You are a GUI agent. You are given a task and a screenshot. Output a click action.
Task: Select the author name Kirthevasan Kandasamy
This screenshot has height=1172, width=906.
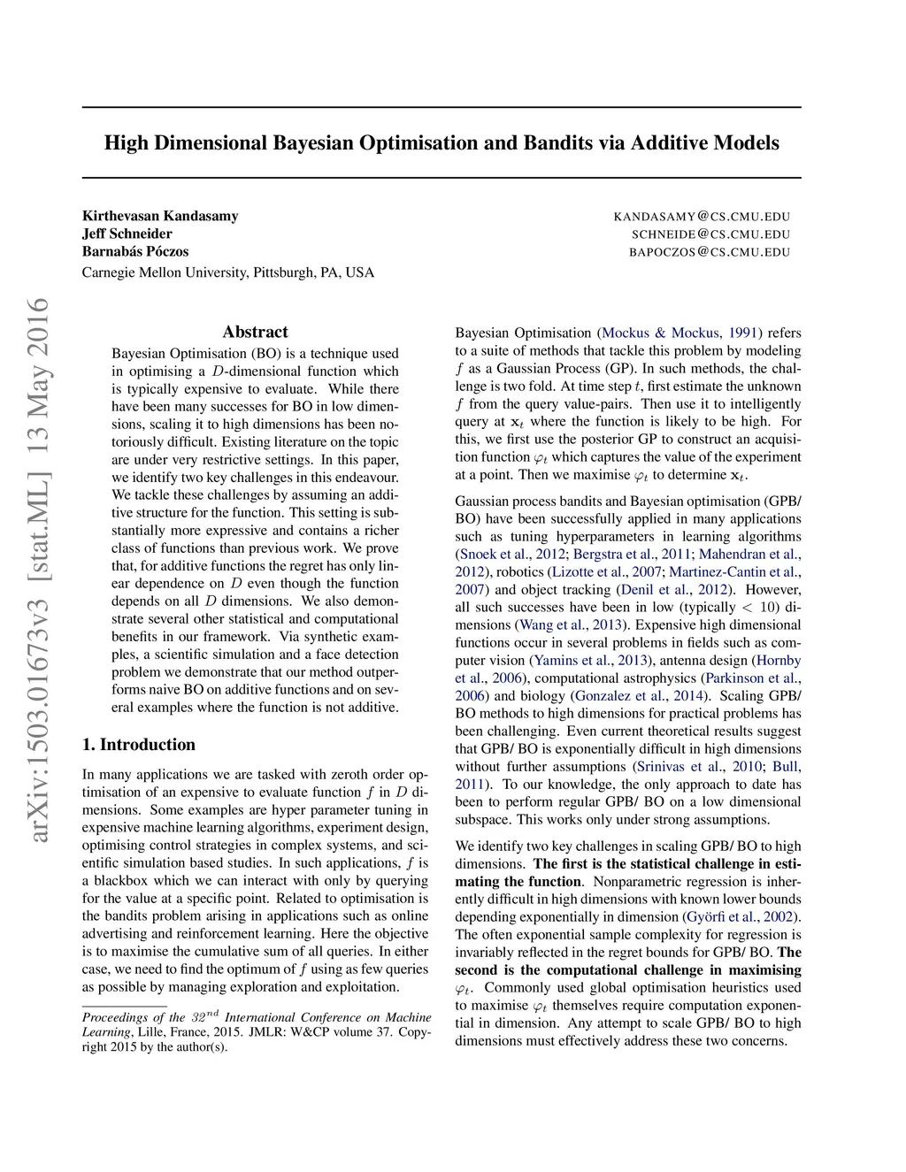[160, 216]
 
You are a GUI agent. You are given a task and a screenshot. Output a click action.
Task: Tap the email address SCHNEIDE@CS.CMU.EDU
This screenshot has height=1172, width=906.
[710, 234]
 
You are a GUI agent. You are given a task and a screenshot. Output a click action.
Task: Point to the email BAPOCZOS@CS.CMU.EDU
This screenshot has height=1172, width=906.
[710, 252]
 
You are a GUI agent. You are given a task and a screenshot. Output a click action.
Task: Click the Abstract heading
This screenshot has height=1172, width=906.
[255, 332]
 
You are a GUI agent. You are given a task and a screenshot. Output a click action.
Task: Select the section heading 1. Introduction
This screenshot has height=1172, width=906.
[139, 745]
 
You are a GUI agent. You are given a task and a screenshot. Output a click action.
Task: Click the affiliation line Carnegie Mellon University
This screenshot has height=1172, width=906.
[227, 272]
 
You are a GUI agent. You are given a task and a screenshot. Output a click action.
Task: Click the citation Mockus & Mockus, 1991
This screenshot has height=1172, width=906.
[679, 333]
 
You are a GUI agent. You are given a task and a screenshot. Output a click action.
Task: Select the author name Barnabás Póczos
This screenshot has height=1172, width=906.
[135, 251]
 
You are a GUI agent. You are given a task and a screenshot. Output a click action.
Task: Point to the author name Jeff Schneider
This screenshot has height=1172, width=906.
[127, 234]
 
